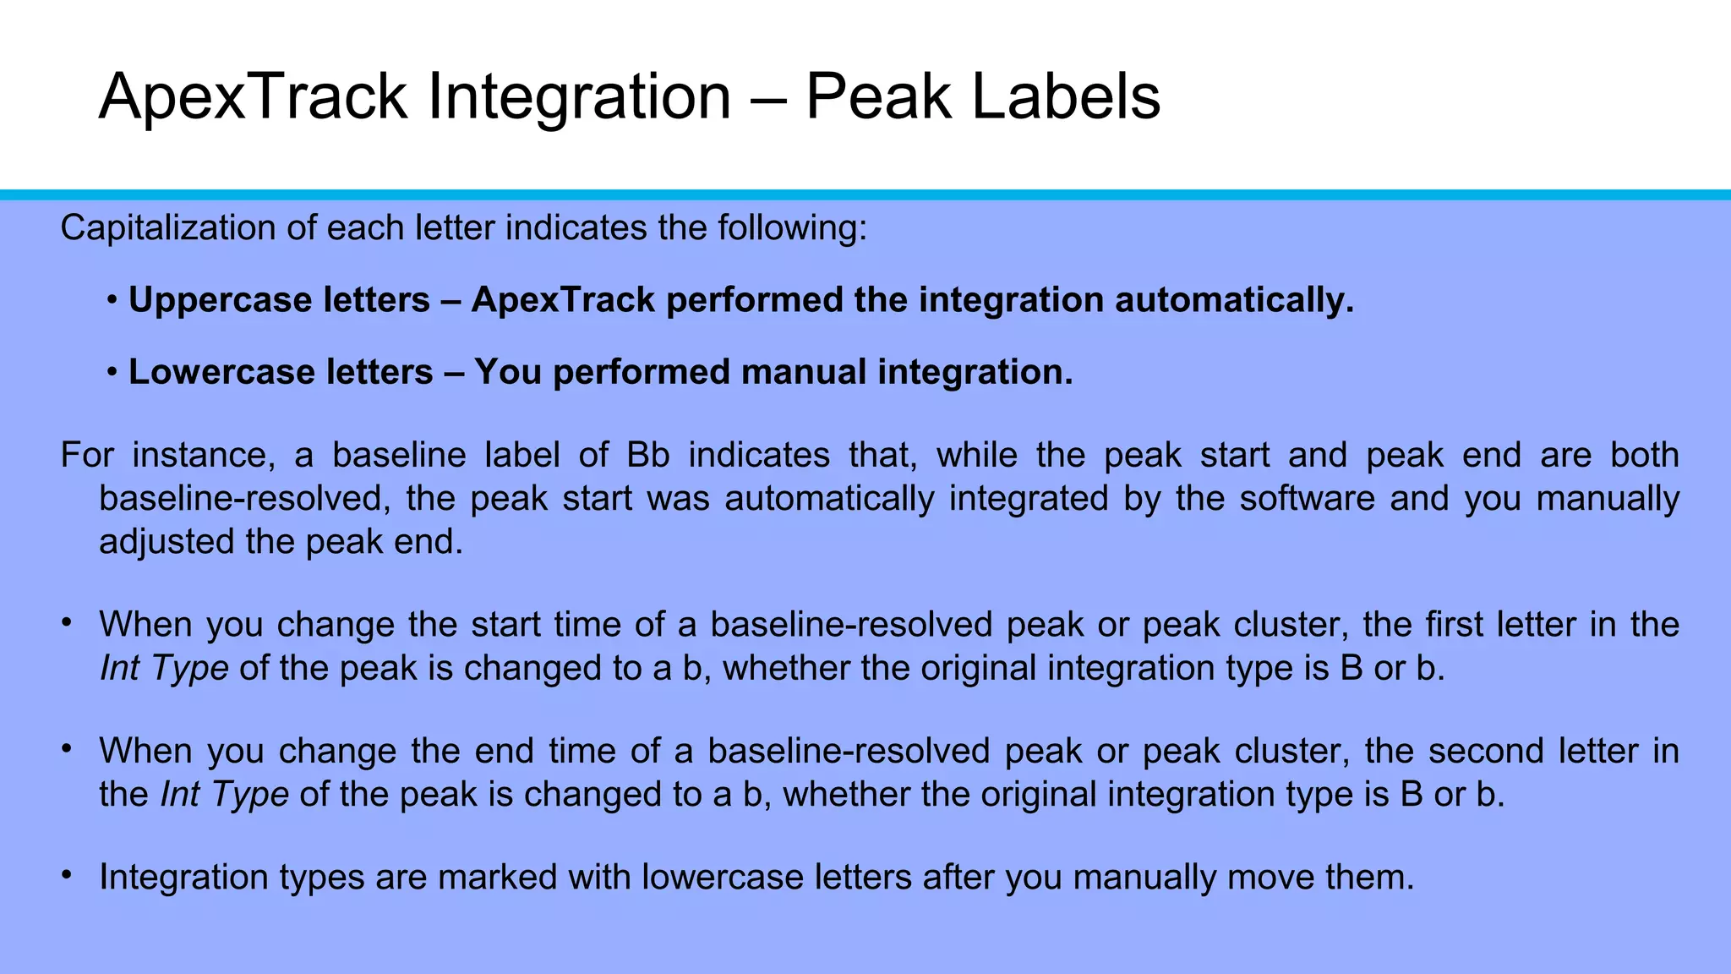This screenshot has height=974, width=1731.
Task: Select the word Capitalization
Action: (x=168, y=229)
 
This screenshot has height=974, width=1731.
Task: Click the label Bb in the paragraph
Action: (x=648, y=456)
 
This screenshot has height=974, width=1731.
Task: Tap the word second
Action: (x=1529, y=752)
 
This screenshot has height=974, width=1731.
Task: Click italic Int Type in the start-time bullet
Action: (x=164, y=669)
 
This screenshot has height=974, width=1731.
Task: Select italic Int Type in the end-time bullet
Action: (x=225, y=795)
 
